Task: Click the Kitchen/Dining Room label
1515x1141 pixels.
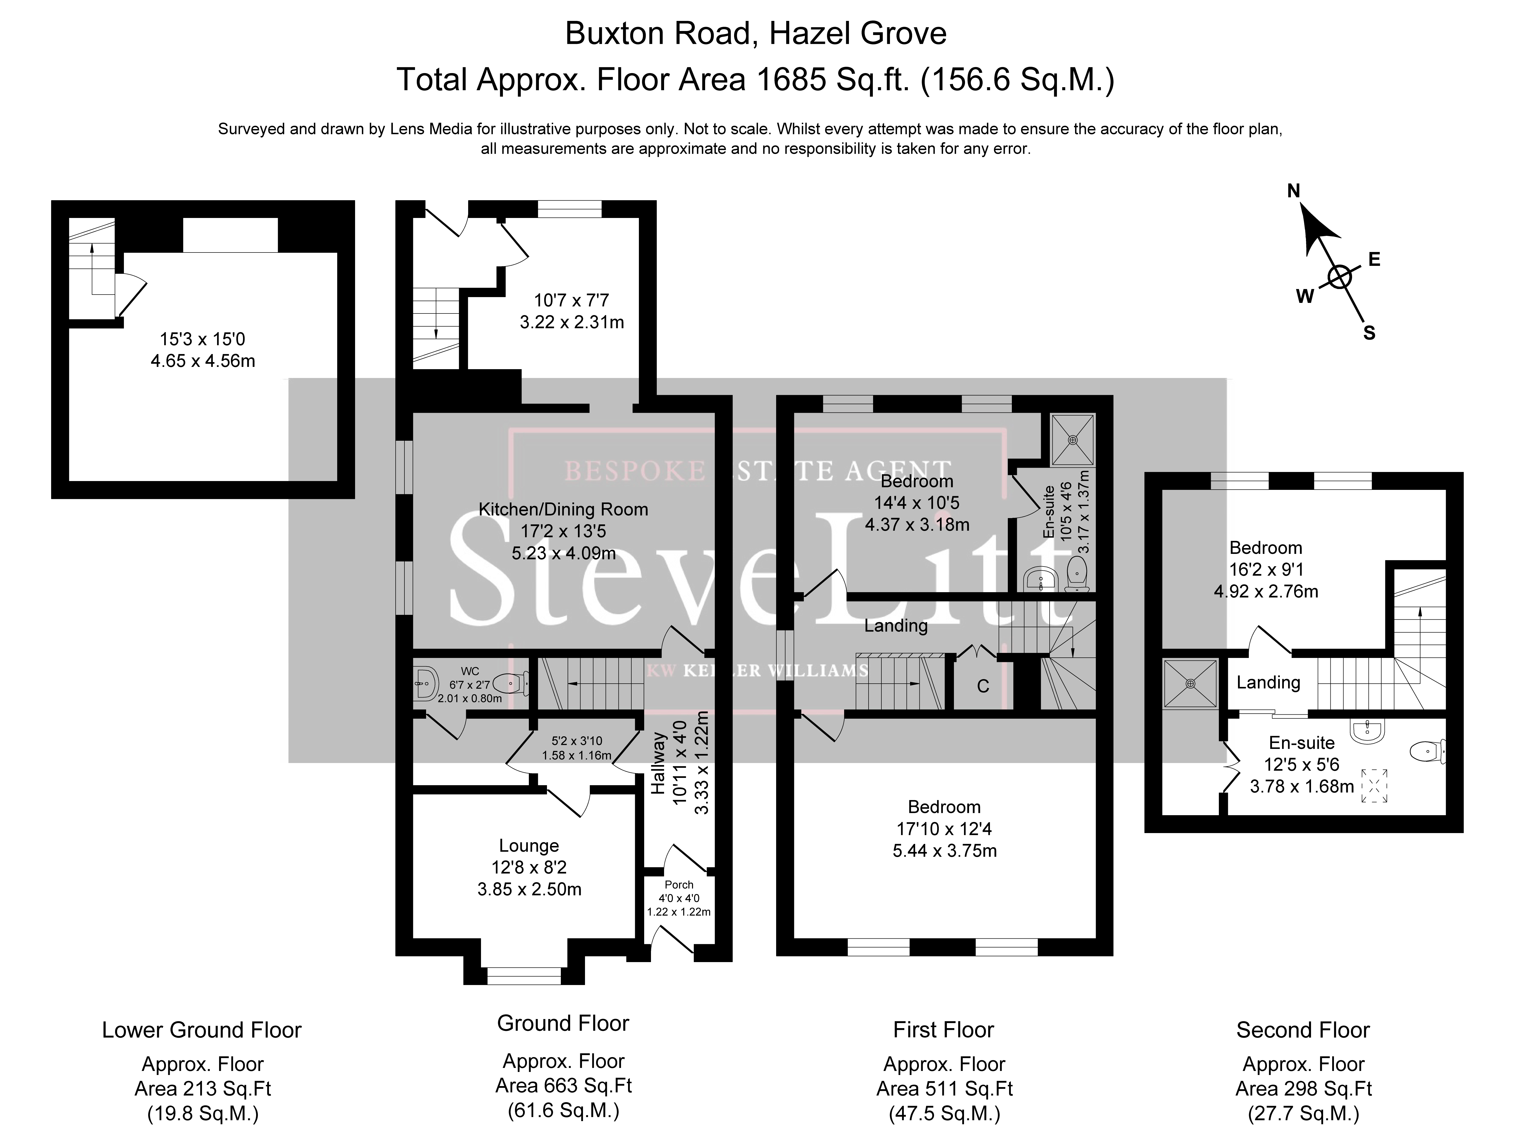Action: click(563, 509)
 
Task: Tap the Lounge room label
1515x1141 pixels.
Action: click(529, 846)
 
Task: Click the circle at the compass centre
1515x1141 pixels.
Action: click(1340, 277)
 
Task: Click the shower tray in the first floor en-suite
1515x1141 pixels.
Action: click(1073, 440)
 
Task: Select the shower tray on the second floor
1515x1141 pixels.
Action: click(1190, 683)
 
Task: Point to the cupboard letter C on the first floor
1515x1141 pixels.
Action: click(983, 687)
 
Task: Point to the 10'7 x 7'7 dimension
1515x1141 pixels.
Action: click(571, 300)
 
